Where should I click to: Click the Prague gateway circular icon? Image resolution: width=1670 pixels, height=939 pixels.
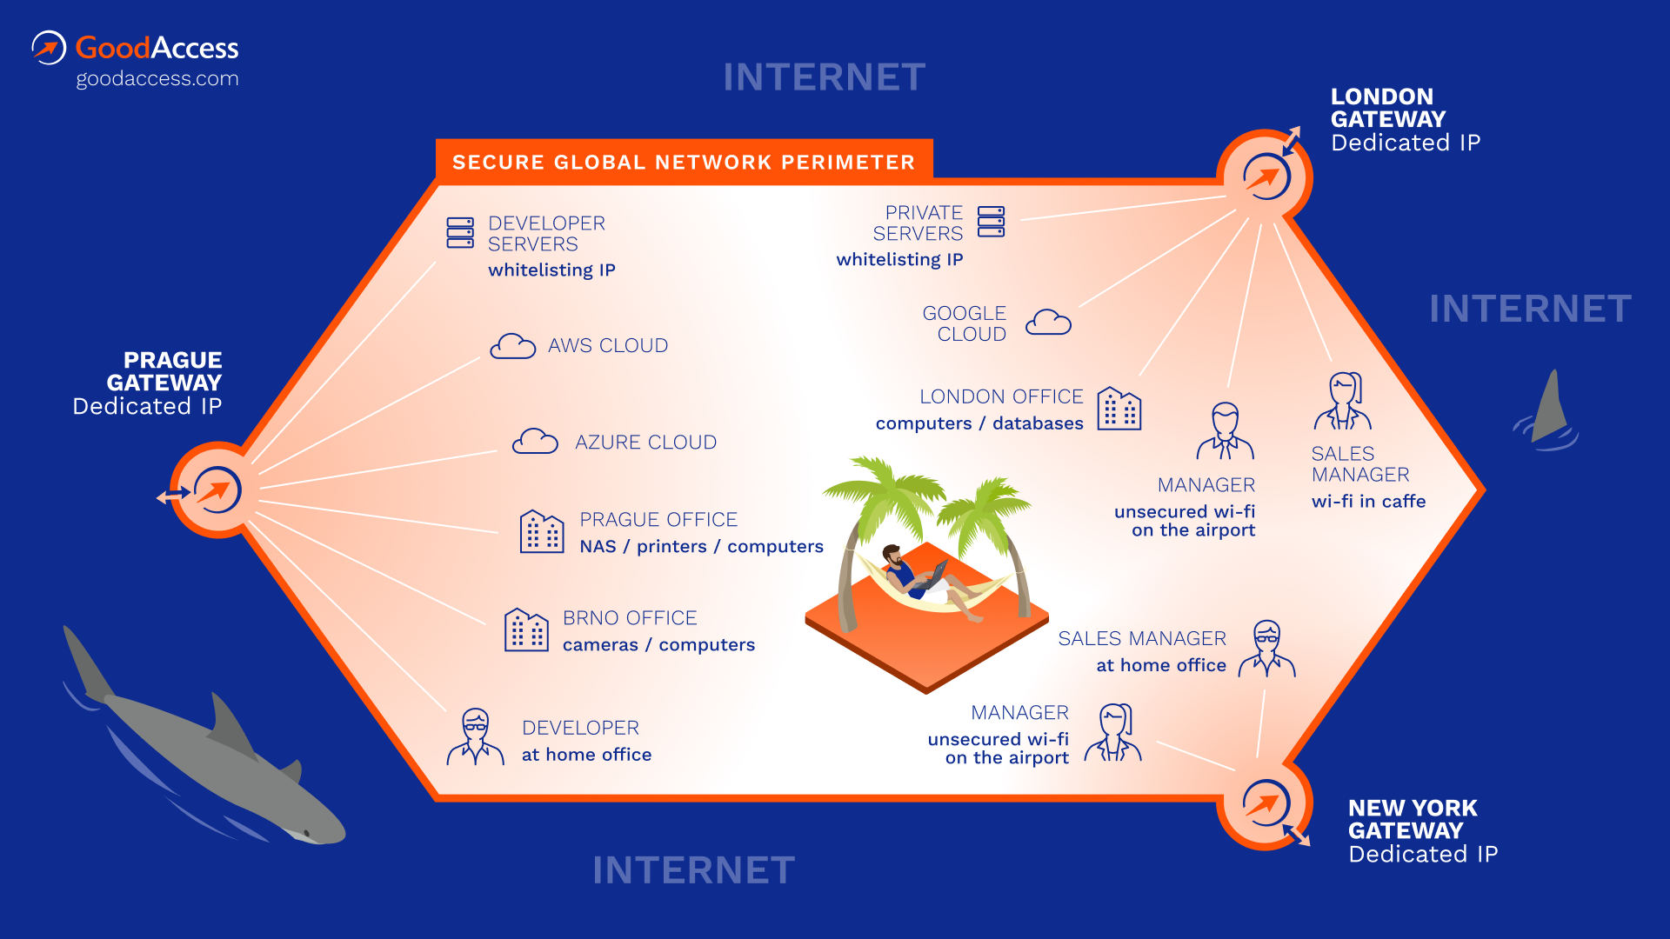217,490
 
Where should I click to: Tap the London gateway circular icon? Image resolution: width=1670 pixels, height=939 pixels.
1266,176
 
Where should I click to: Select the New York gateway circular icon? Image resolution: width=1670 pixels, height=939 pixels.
1266,803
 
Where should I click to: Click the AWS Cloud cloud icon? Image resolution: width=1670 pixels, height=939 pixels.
512,346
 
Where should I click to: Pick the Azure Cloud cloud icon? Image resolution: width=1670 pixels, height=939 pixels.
535,442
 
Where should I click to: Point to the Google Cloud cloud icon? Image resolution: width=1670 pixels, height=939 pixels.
1048,323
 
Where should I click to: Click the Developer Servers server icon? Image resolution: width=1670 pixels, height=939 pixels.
460,233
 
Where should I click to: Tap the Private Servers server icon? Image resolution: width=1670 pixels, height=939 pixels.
991,222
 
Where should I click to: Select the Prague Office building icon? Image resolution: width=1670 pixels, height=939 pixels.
542,531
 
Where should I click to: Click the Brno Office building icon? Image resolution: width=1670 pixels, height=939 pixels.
526,629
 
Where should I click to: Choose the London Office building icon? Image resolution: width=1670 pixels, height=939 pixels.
1119,409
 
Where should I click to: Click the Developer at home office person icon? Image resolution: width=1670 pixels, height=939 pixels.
476,736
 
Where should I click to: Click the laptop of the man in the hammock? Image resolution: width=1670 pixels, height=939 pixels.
938,573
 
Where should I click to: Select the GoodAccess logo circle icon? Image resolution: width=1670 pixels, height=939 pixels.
49,48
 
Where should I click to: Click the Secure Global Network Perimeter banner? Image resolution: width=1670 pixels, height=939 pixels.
684,162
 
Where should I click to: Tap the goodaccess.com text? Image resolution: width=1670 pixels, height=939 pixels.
157,79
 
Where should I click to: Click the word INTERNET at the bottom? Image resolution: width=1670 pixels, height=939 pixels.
693,870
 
